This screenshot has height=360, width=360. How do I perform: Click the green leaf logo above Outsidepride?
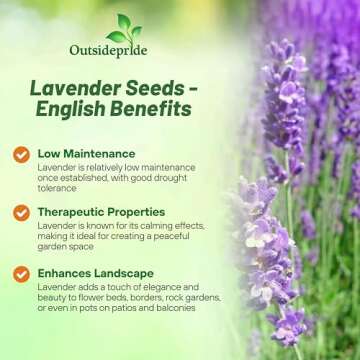pos(124,28)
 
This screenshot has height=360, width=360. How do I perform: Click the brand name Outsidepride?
pos(124,54)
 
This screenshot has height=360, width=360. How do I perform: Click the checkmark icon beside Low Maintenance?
pos(21,155)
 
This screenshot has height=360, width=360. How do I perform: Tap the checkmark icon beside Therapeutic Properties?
pos(21,213)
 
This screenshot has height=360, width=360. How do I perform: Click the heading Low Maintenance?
pos(88,154)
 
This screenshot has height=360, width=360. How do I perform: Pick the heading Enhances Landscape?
pos(100,272)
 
